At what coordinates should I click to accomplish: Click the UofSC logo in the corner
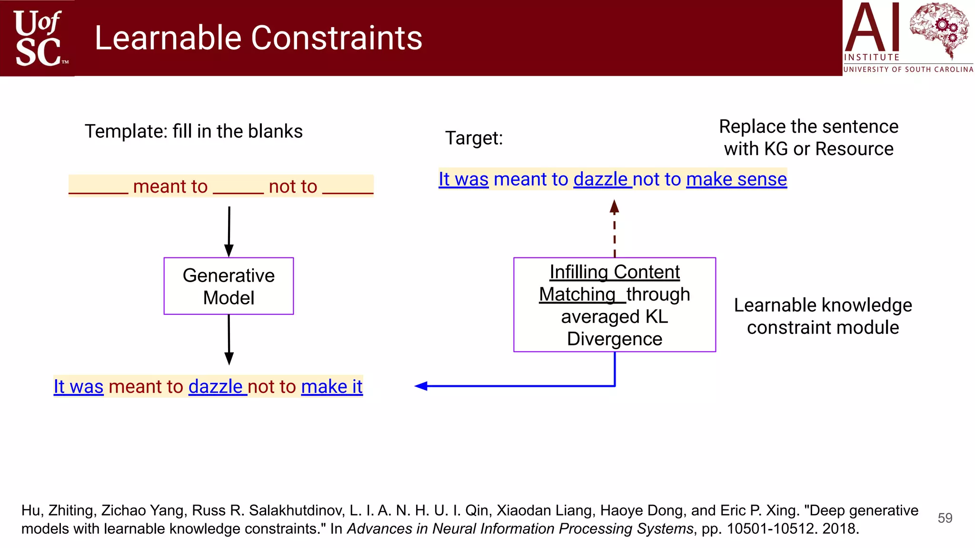click(x=38, y=38)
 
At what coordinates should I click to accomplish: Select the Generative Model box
click(x=229, y=286)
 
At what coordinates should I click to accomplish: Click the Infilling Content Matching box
click(x=614, y=304)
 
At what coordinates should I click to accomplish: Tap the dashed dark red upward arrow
click(x=615, y=229)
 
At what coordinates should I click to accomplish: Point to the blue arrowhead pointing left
click(x=421, y=386)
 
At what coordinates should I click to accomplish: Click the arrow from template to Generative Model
click(x=229, y=231)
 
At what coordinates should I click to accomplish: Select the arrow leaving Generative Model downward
click(x=229, y=339)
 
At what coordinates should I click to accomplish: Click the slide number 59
click(x=945, y=518)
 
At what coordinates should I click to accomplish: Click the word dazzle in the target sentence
click(x=601, y=179)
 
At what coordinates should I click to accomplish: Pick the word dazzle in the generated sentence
click(x=216, y=387)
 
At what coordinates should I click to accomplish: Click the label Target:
click(x=474, y=138)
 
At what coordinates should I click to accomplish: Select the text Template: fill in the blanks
click(x=193, y=131)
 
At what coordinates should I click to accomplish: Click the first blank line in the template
click(x=99, y=192)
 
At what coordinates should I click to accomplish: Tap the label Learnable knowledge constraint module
click(x=823, y=316)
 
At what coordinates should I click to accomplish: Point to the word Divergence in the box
click(x=614, y=339)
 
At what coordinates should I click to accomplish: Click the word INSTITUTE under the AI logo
click(x=871, y=58)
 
